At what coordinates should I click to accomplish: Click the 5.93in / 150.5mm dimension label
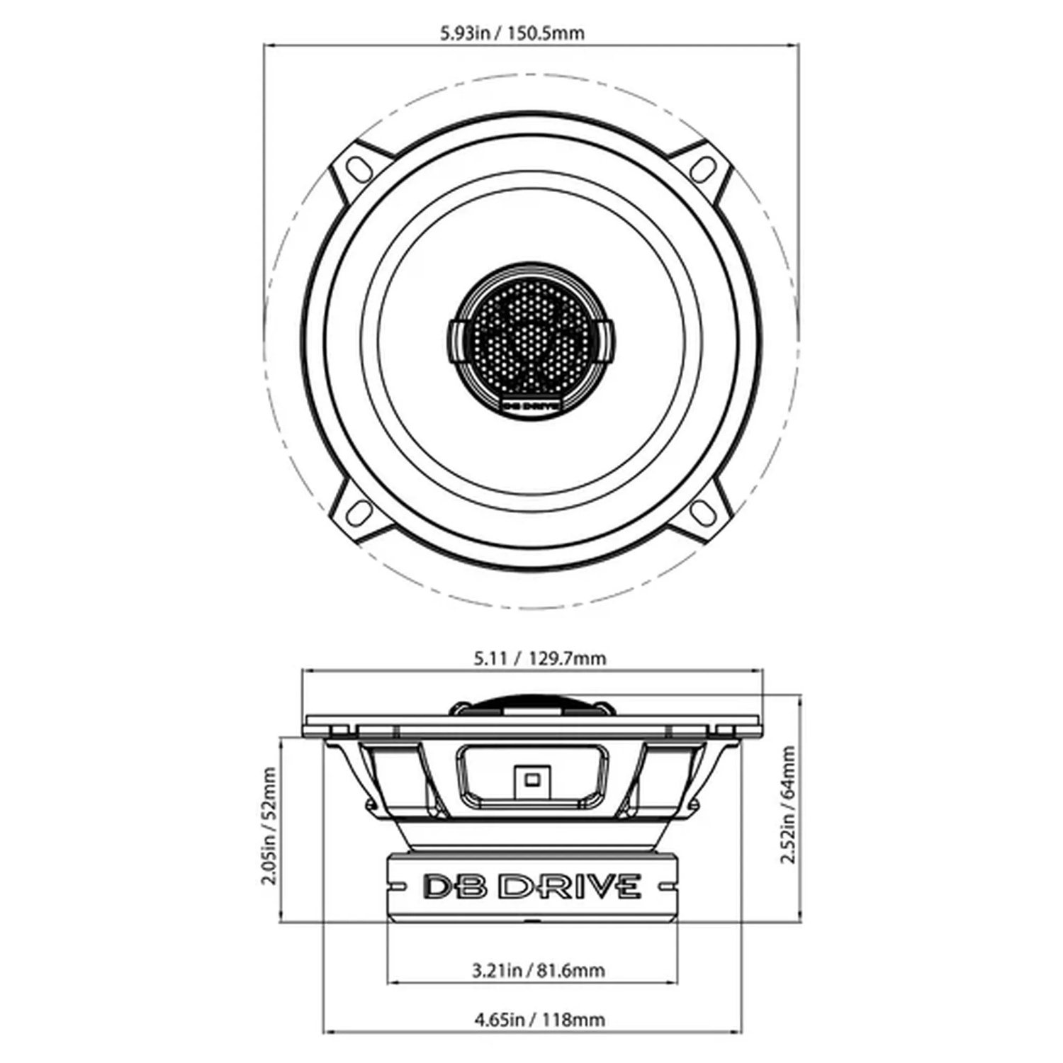pyautogui.click(x=512, y=33)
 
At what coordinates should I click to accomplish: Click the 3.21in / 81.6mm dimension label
pyautogui.click(x=539, y=969)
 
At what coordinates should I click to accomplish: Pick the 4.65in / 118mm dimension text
pyautogui.click(x=539, y=1020)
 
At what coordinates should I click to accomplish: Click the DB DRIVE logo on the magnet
pyautogui.click(x=532, y=887)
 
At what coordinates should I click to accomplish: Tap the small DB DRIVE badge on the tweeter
pyautogui.click(x=532, y=405)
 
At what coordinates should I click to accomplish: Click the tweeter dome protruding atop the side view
pyautogui.click(x=531, y=704)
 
